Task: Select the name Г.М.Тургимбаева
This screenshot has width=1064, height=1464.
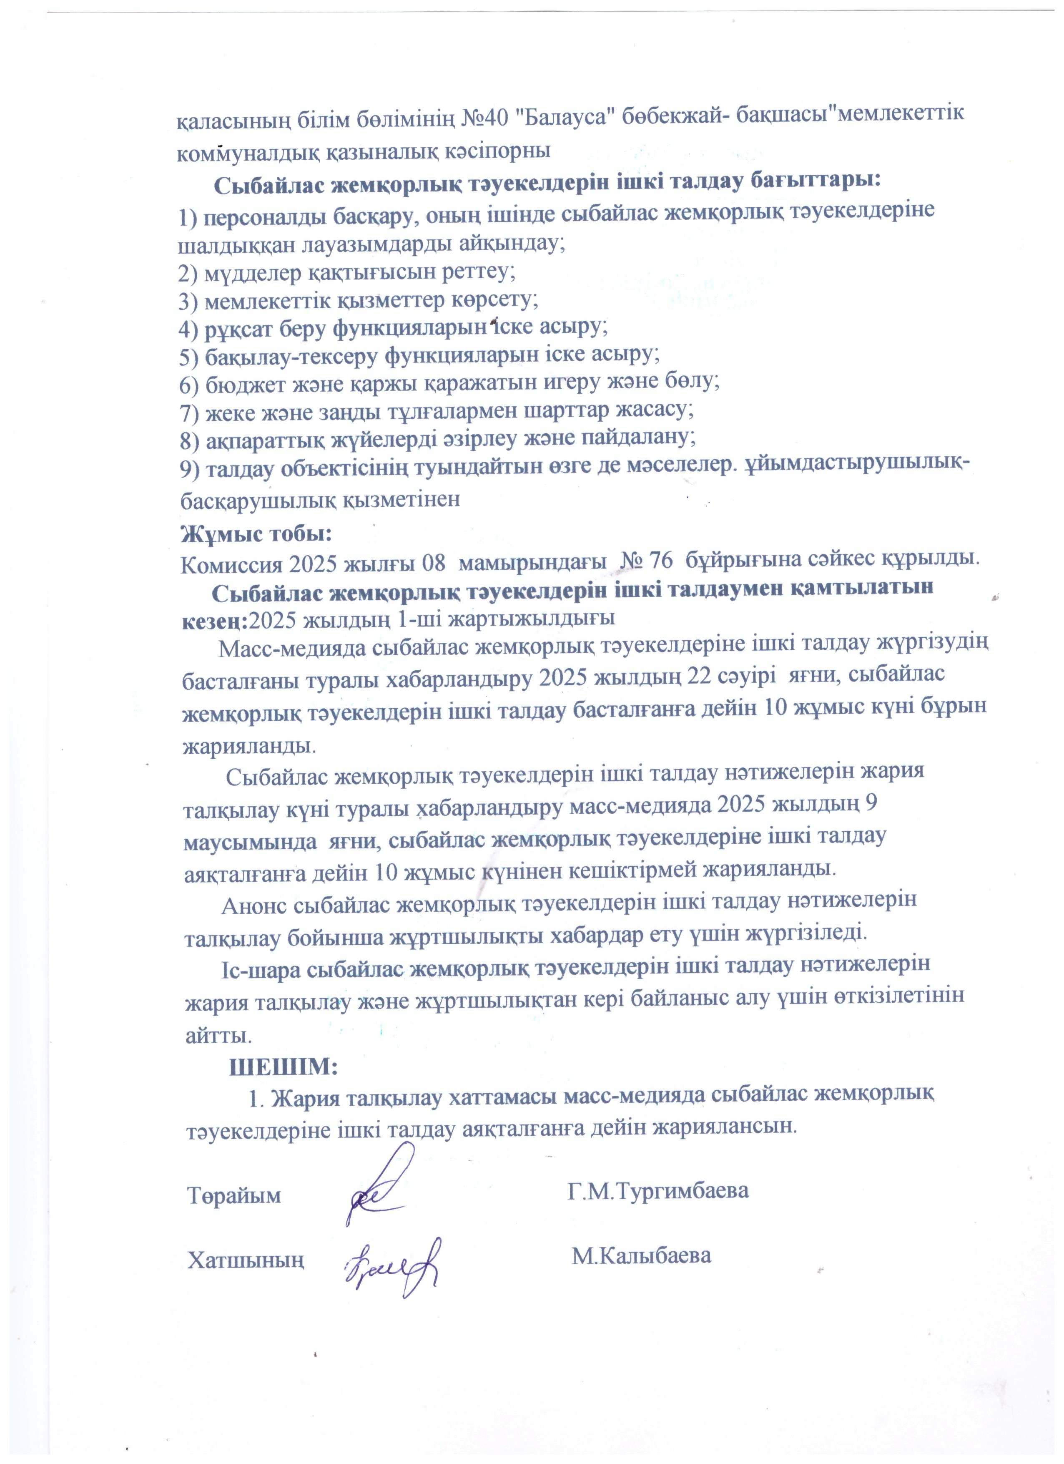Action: pyautogui.click(x=658, y=1189)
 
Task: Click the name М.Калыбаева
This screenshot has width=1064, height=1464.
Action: pyautogui.click(x=642, y=1255)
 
